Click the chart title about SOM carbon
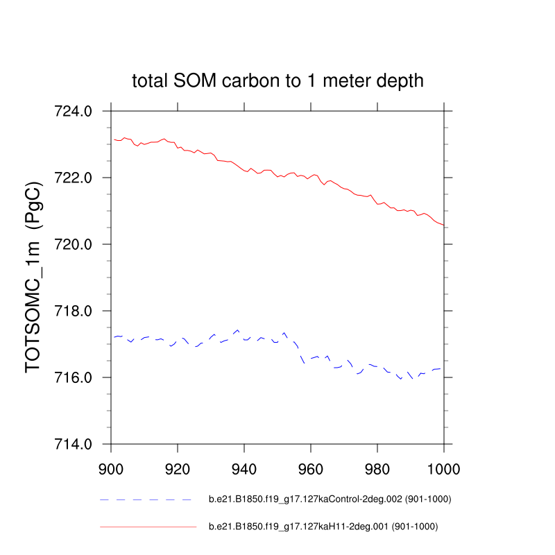coord(277,81)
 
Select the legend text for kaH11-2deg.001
coord(323,527)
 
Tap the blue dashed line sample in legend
coord(146,499)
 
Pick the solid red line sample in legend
coord(148,527)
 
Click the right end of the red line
coord(443,225)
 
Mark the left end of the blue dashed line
coord(115,337)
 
